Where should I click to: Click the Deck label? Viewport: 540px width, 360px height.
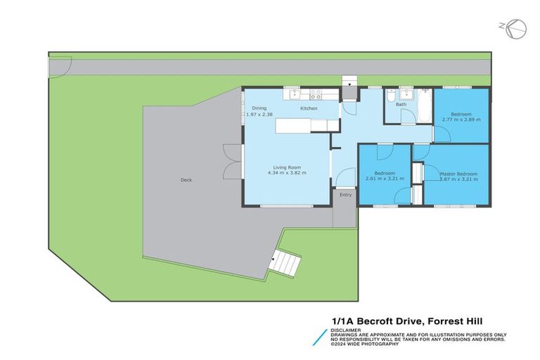coord(186,180)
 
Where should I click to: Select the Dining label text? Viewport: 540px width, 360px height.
coord(259,108)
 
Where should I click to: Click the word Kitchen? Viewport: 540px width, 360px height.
coord(309,109)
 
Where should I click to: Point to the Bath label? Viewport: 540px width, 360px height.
coord(401,105)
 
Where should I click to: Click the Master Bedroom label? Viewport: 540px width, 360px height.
coord(458,174)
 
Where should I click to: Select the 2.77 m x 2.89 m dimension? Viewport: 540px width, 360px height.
coord(461,120)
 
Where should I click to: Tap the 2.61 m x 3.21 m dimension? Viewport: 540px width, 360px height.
coord(385,179)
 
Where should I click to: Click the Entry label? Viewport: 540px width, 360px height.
coord(345,195)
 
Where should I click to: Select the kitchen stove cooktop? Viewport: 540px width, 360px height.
coord(315,92)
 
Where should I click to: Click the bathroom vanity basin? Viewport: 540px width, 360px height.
coord(406,94)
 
